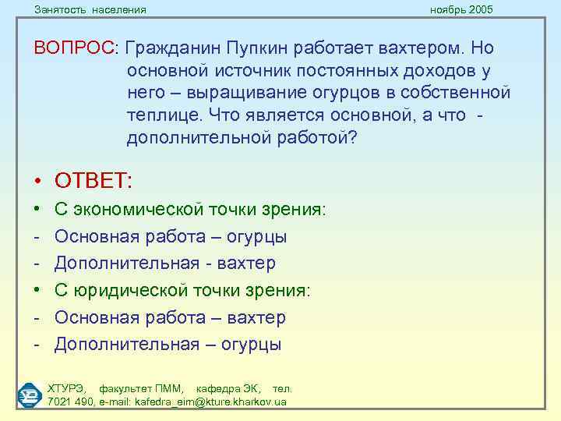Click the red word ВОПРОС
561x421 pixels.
73,48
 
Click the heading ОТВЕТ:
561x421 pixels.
93,181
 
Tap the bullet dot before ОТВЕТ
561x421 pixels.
37,182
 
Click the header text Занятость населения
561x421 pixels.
90,9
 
